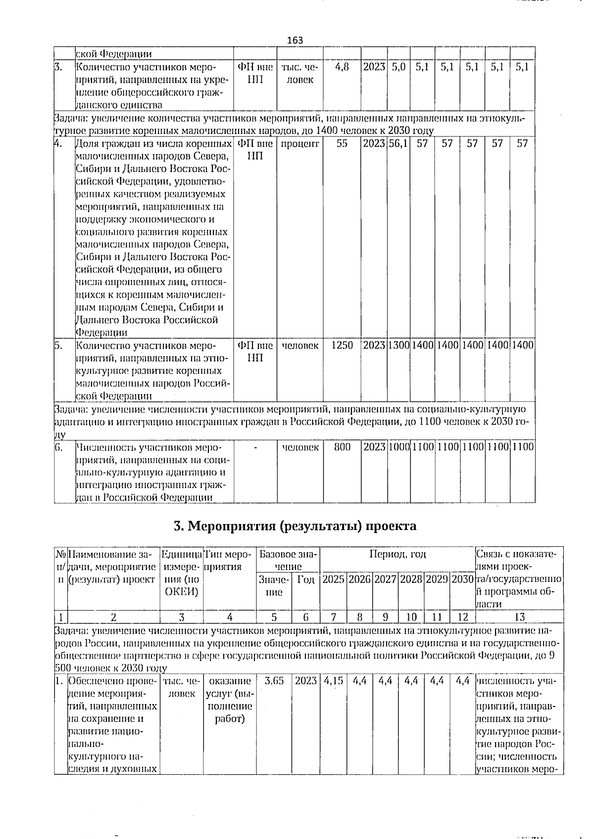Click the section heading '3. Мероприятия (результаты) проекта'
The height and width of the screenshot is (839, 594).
295,526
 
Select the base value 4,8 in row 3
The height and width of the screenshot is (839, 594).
342,67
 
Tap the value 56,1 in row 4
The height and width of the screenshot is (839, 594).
398,143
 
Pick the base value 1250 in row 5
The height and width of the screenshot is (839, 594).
342,345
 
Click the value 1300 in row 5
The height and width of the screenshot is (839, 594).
398,345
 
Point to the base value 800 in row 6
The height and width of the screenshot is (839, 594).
342,447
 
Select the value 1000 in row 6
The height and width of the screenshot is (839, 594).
398,447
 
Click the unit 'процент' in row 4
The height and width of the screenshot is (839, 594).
300,143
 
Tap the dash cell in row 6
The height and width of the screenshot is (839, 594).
255,447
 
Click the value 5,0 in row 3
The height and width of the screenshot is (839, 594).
398,67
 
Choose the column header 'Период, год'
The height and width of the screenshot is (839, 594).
397,554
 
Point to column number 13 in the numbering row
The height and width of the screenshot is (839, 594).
519,617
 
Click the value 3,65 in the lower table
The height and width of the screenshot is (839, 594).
274,680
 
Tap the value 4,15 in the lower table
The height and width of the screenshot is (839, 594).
334,680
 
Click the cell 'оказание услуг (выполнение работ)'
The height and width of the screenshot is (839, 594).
229,700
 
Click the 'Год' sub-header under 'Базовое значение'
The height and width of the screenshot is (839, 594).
306,579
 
